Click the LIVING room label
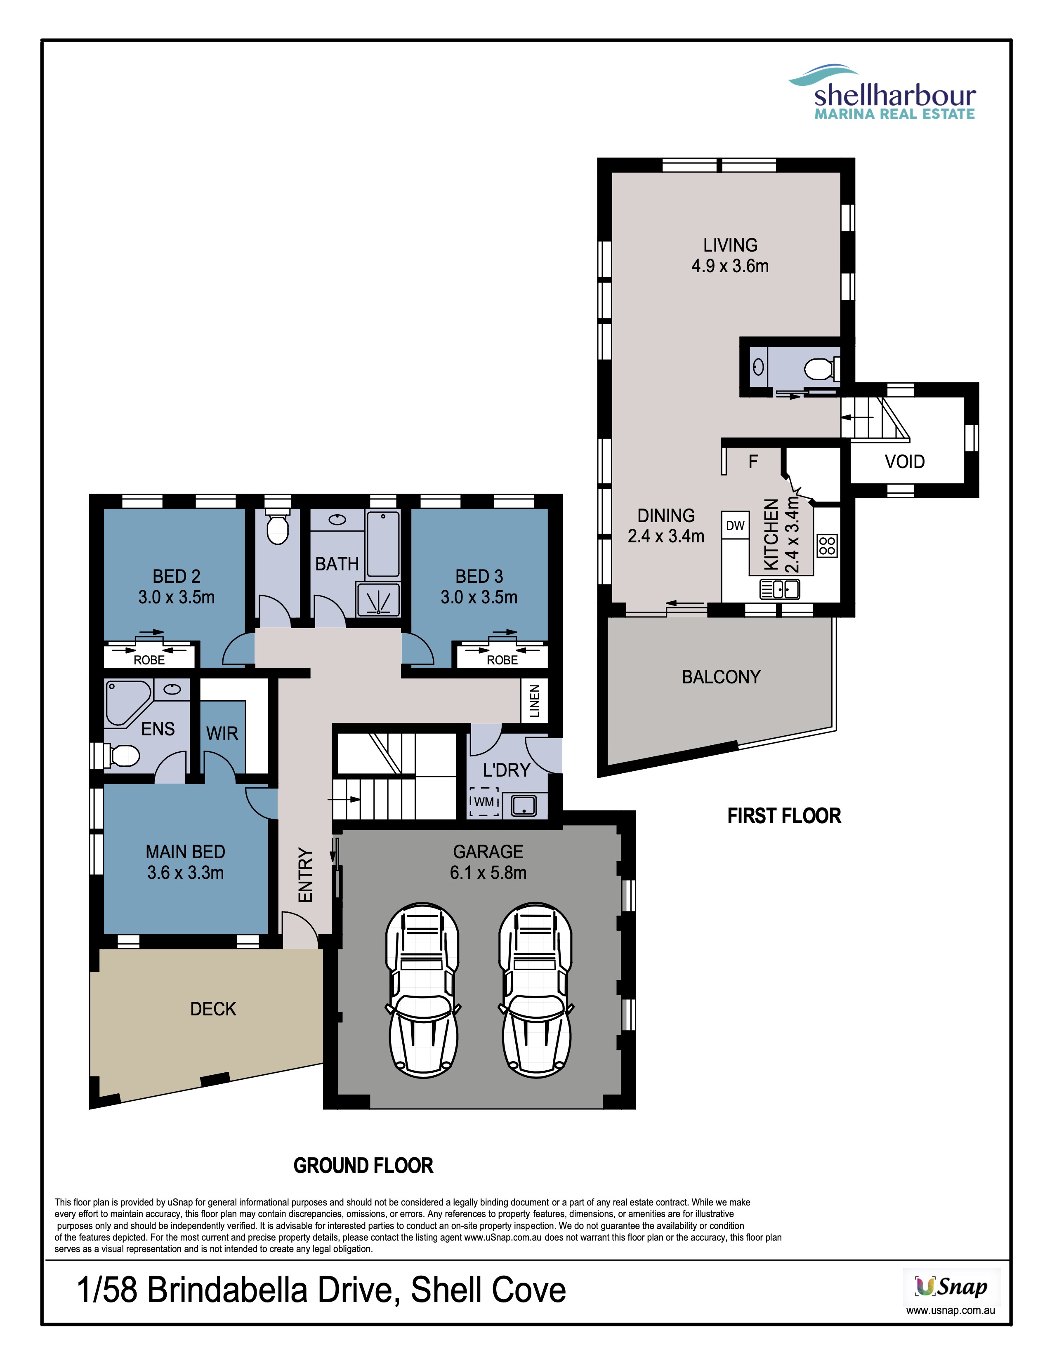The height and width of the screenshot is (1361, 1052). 730,245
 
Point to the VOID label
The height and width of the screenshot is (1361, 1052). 905,462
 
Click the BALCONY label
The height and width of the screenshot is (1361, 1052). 721,677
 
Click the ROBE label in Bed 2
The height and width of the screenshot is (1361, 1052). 150,660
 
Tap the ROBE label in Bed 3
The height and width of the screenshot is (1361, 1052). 502,660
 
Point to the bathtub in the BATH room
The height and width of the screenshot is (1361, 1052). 383,544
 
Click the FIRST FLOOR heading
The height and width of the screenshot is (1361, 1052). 784,816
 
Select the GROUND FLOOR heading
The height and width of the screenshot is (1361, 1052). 363,1166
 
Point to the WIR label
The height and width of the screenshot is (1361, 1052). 222,733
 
